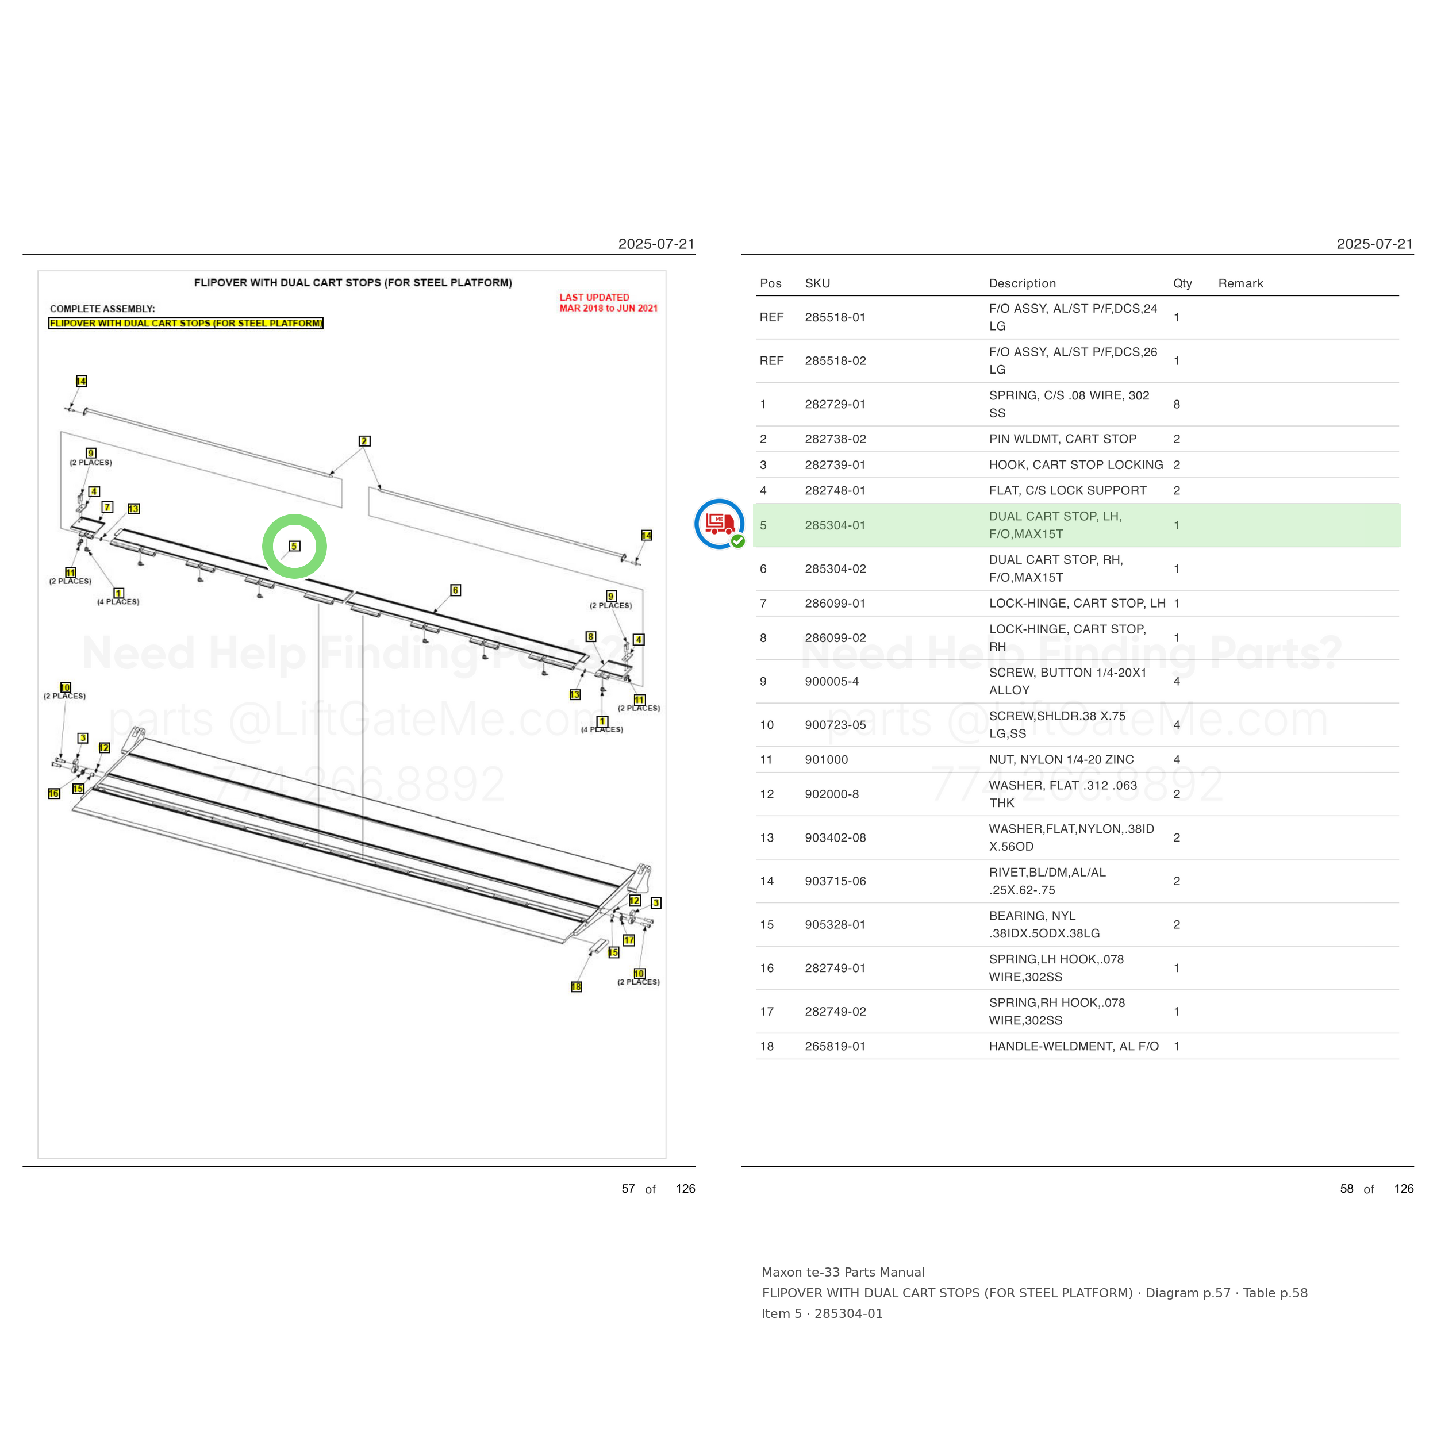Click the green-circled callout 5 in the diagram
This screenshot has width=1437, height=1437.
(x=294, y=546)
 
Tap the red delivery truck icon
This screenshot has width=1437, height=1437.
(x=719, y=524)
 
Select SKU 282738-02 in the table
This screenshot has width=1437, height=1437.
(x=835, y=439)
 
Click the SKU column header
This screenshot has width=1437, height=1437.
(x=817, y=283)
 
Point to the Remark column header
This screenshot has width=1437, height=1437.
(x=1240, y=283)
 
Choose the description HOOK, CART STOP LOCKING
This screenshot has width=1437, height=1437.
(x=1075, y=465)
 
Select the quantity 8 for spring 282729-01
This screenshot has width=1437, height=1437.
(x=1177, y=404)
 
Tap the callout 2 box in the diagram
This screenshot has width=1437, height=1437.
(x=364, y=441)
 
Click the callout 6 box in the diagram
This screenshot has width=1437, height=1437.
(x=456, y=590)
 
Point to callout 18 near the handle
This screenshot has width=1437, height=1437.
(x=577, y=987)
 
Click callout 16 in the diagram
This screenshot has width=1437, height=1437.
(x=53, y=794)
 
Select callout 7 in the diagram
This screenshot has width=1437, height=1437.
(x=108, y=506)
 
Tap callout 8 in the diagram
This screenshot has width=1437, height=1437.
(x=590, y=637)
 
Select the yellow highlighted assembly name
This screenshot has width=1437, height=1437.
(x=186, y=323)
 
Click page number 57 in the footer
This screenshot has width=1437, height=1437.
(x=628, y=1189)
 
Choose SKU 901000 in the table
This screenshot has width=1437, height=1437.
(x=827, y=759)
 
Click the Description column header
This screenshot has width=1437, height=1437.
(x=1022, y=283)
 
